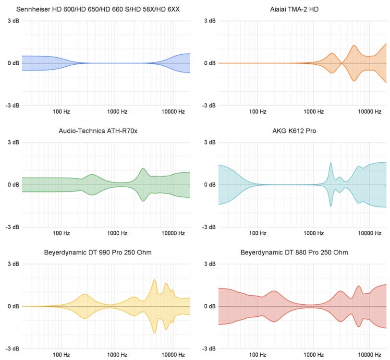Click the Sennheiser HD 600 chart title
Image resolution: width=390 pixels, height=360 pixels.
point(98,9)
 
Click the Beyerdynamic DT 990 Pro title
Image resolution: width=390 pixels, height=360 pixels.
point(98,252)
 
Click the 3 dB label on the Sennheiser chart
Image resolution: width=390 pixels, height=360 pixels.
point(13,21)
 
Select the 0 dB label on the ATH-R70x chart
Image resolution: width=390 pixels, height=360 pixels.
point(13,185)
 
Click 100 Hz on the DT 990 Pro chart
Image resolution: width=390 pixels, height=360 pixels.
point(61,355)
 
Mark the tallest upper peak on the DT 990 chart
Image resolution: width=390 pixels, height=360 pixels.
point(155,279)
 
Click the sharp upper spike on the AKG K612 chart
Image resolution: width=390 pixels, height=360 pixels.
point(330,163)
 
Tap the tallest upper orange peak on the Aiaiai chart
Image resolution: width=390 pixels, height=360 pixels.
point(354,46)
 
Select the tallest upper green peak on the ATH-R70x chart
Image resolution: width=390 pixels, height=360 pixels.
point(143,168)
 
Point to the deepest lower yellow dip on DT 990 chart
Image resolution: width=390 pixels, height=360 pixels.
point(155,333)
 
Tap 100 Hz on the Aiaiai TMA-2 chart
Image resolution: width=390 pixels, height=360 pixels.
point(257,112)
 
